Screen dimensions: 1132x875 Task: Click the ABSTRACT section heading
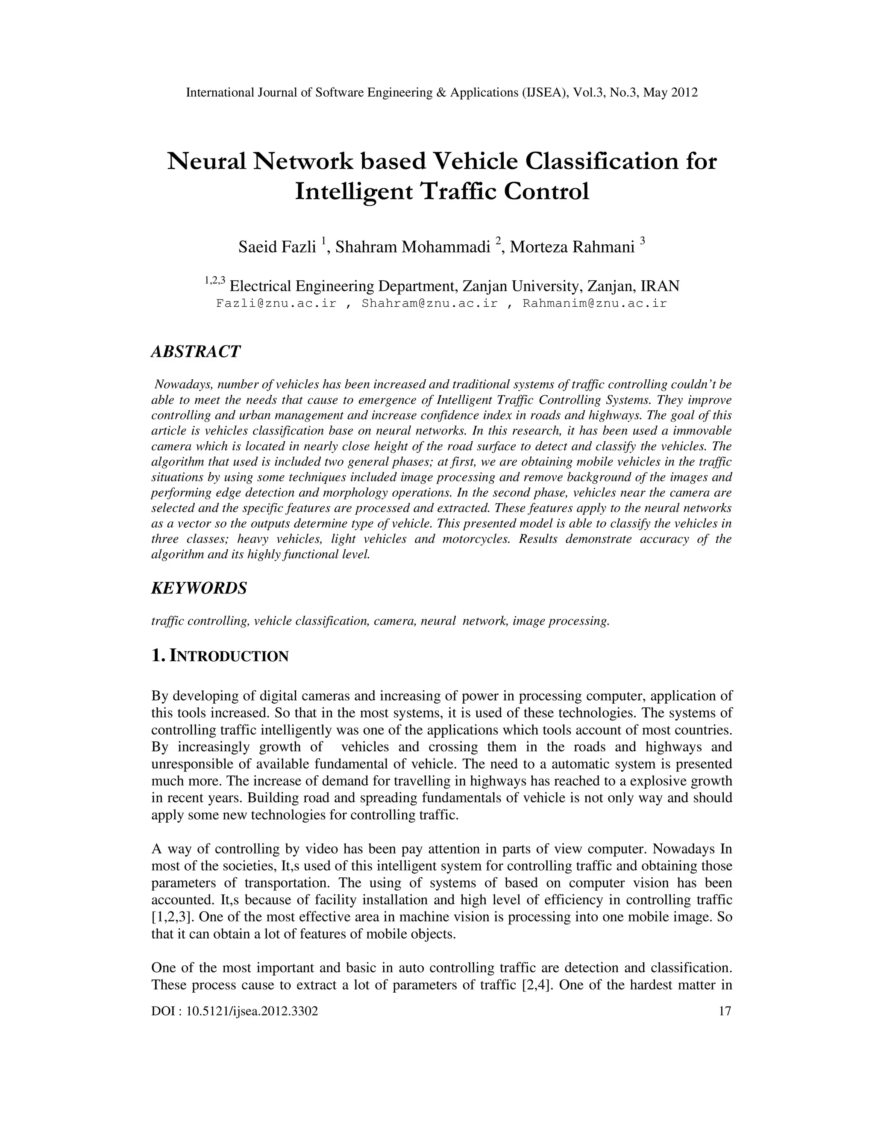(x=195, y=352)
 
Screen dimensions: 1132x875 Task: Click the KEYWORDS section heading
(x=199, y=588)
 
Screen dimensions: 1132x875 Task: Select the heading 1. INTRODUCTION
(x=219, y=656)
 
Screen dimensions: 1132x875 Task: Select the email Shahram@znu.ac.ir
(x=429, y=304)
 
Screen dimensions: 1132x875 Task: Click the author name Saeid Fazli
(x=277, y=248)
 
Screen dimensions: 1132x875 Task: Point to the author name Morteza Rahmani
(x=572, y=248)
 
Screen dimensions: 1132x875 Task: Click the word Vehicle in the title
(x=476, y=162)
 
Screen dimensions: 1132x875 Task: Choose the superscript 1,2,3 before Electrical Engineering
(x=214, y=280)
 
